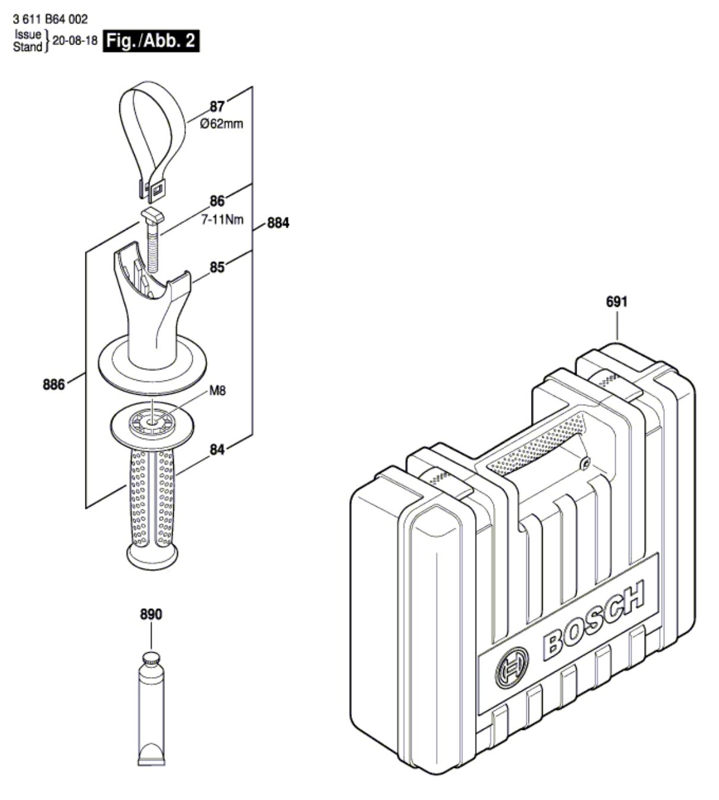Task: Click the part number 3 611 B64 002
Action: point(50,20)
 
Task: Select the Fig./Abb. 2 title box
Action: point(151,42)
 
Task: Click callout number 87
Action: point(217,107)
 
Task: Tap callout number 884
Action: point(277,224)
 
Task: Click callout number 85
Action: point(217,268)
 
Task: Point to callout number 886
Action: point(54,385)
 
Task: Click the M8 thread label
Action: point(218,391)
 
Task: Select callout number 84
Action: point(217,450)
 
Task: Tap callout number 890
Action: point(151,615)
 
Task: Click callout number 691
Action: point(617,301)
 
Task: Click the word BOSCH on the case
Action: point(593,620)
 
